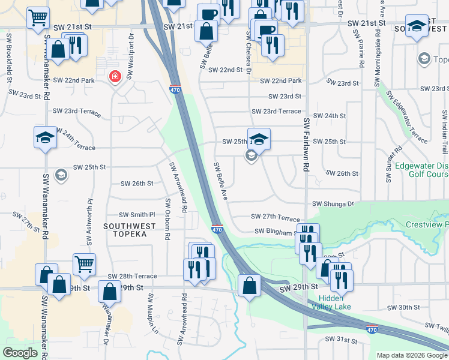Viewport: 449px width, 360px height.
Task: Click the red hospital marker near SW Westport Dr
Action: (114, 76)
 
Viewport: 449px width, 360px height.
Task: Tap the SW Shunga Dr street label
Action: (333, 204)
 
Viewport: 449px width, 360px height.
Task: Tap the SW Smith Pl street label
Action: (137, 214)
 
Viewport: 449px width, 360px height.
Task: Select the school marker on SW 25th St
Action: (259, 140)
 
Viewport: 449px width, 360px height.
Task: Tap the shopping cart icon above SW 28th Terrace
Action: (84, 263)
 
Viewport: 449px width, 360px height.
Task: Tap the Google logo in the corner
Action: (20, 353)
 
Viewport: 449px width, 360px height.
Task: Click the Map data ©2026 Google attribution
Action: (412, 355)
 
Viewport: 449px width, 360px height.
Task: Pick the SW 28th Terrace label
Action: (132, 276)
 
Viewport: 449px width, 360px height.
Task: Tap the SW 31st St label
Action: (342, 340)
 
